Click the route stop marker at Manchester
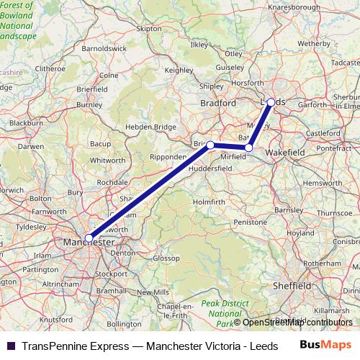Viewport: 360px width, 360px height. pyautogui.click(x=89, y=238)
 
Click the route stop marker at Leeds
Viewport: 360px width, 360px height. pyautogui.click(x=271, y=102)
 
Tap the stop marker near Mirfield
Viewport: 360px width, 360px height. pyautogui.click(x=248, y=148)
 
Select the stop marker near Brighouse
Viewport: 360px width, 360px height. pyautogui.click(x=210, y=145)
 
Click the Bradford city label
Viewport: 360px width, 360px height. pyautogui.click(x=218, y=103)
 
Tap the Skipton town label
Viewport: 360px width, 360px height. pyautogui.click(x=149, y=29)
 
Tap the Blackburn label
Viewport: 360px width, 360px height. pyautogui.click(x=26, y=123)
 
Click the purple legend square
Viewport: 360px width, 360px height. pyautogui.click(x=11, y=346)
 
